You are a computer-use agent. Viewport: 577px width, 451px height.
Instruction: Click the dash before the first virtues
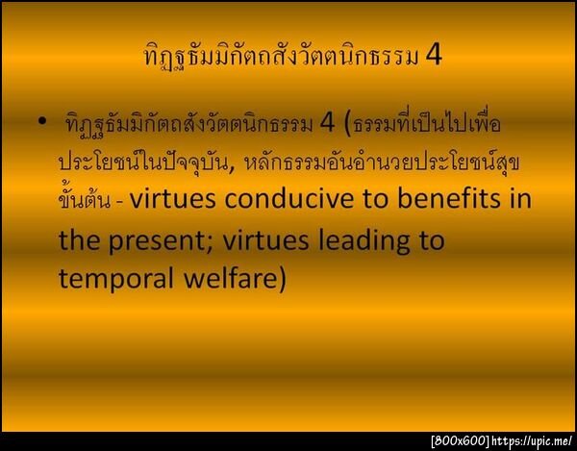click(x=119, y=204)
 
